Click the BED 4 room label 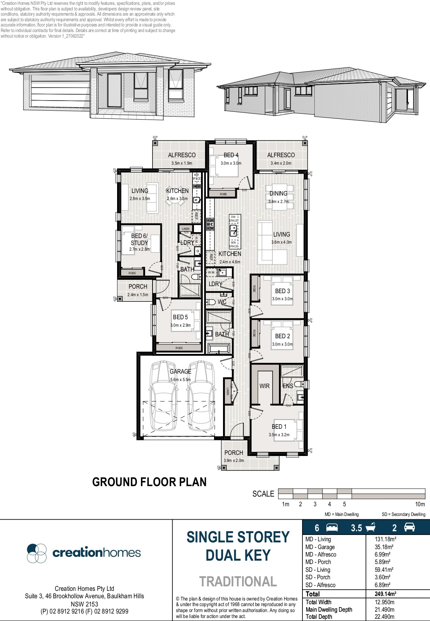(x=231, y=155)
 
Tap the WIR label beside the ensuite (x=264, y=386)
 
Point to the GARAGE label (x=181, y=371)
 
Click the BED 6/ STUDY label (x=139, y=239)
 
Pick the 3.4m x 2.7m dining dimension (x=279, y=202)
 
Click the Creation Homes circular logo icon (x=37, y=553)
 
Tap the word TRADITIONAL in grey (x=238, y=582)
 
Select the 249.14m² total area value (x=385, y=594)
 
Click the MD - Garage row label (x=320, y=547)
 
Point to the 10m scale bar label (x=420, y=504)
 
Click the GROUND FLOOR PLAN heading (x=149, y=482)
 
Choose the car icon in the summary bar (x=409, y=527)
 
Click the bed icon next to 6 (x=332, y=527)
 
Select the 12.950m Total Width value (x=384, y=602)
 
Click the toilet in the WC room (x=212, y=302)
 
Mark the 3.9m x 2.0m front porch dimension (x=234, y=460)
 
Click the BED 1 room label (x=279, y=427)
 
